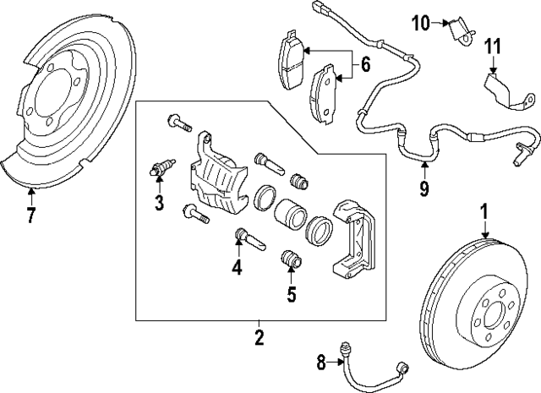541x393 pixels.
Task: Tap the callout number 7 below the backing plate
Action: [x=30, y=215]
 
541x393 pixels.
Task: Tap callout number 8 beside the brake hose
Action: [x=320, y=364]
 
